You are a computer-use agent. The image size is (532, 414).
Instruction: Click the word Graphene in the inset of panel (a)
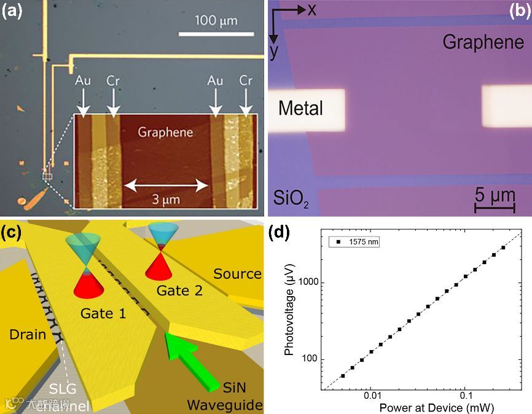[x=165, y=131]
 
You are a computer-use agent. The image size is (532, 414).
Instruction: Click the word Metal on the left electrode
[x=300, y=108]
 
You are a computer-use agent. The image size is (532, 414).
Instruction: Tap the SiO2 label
[x=291, y=198]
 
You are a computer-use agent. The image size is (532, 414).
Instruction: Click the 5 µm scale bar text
[x=495, y=196]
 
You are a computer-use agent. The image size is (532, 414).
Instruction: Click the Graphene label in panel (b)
[x=483, y=42]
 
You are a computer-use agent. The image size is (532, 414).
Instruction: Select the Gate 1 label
[x=104, y=314]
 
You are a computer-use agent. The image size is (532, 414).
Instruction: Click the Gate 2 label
[x=180, y=290]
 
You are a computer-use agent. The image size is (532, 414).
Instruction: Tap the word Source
[x=237, y=273]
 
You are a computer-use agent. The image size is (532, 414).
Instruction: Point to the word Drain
[x=28, y=334]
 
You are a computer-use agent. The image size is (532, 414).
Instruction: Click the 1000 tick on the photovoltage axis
[x=316, y=283]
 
